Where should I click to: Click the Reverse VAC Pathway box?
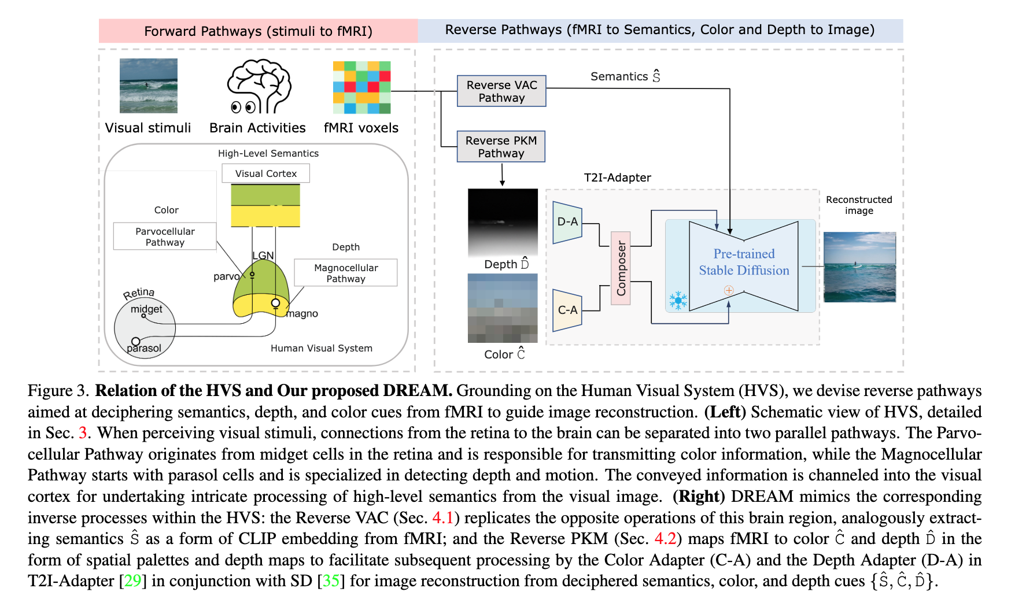pyautogui.click(x=501, y=91)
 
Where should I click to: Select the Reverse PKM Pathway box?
pyautogui.click(x=501, y=147)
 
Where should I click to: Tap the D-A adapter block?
pyautogui.click(x=567, y=222)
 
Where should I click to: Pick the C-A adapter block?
pyautogui.click(x=567, y=310)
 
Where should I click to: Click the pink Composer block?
pyautogui.click(x=621, y=268)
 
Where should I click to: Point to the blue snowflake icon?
pyautogui.click(x=678, y=300)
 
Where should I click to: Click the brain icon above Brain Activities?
pyautogui.click(x=259, y=87)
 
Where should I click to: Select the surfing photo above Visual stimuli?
pyautogui.click(x=148, y=86)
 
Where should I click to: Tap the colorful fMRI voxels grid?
pyautogui.click(x=361, y=87)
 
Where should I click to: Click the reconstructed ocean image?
pyautogui.click(x=859, y=267)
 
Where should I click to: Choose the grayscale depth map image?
pyautogui.click(x=503, y=222)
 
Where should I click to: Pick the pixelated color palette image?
pyautogui.click(x=503, y=308)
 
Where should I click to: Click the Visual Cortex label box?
pyautogui.click(x=265, y=173)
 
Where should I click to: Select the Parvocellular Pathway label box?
pyautogui.click(x=165, y=236)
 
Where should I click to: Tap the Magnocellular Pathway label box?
pyautogui.click(x=346, y=273)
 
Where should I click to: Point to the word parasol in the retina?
pyautogui.click(x=144, y=348)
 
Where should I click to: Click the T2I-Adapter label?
pyautogui.click(x=617, y=177)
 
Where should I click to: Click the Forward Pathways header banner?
pyautogui.click(x=258, y=31)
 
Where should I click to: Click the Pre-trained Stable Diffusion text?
pyautogui.click(x=744, y=262)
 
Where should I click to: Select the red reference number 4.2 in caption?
pyautogui.click(x=665, y=539)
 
